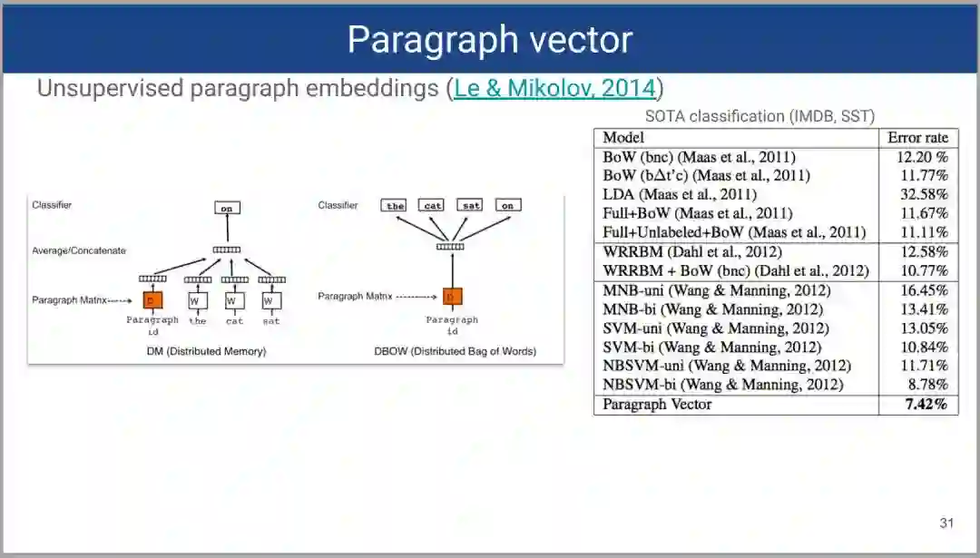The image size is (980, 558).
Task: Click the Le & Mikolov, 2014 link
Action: coord(554,88)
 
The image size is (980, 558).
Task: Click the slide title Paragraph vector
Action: coord(489,40)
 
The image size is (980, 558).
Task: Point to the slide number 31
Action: coord(946,523)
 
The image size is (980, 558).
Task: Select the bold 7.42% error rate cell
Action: coord(926,405)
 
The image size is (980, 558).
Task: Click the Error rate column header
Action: coord(918,138)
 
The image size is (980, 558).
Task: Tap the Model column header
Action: coord(623,138)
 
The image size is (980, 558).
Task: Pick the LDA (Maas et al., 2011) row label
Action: coord(680,194)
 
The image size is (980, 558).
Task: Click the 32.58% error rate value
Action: coord(924,194)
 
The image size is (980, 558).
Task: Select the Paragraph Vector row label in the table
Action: coord(657,405)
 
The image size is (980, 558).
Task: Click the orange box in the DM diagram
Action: coord(151,299)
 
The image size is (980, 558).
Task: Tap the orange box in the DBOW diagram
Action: coord(452,296)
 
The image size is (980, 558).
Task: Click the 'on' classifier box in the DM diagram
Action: coord(227,208)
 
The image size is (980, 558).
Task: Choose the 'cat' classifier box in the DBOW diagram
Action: coord(433,206)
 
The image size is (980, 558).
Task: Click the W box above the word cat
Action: coord(232,299)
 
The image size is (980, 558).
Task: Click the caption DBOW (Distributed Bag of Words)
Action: coord(455,351)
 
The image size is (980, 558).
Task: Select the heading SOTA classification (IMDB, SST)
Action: coord(759,116)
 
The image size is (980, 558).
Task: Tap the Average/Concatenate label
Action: coord(79,250)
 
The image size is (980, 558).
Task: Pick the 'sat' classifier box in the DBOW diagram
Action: coord(470,206)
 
